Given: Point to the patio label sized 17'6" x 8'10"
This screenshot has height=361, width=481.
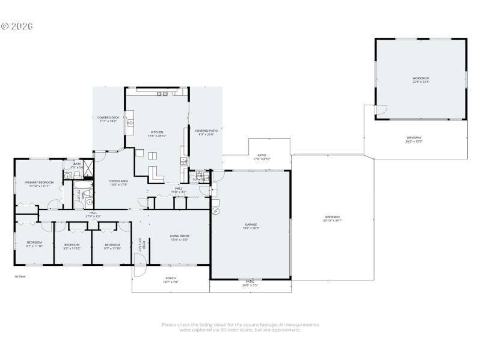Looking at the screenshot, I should pyautogui.click(x=262, y=156).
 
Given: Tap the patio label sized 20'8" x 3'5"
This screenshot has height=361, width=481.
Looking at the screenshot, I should pyautogui.click(x=250, y=283).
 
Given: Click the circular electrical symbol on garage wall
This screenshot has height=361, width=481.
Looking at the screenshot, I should pyautogui.click(x=215, y=211).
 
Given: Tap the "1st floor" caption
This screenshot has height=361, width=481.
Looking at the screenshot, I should pyautogui.click(x=20, y=276).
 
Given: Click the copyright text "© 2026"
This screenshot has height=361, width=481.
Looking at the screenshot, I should pyautogui.click(x=16, y=26).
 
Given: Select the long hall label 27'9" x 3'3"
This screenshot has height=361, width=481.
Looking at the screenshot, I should pyautogui.click(x=93, y=214).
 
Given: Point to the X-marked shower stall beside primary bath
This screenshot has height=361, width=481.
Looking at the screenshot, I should pyautogui.click(x=88, y=168).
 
